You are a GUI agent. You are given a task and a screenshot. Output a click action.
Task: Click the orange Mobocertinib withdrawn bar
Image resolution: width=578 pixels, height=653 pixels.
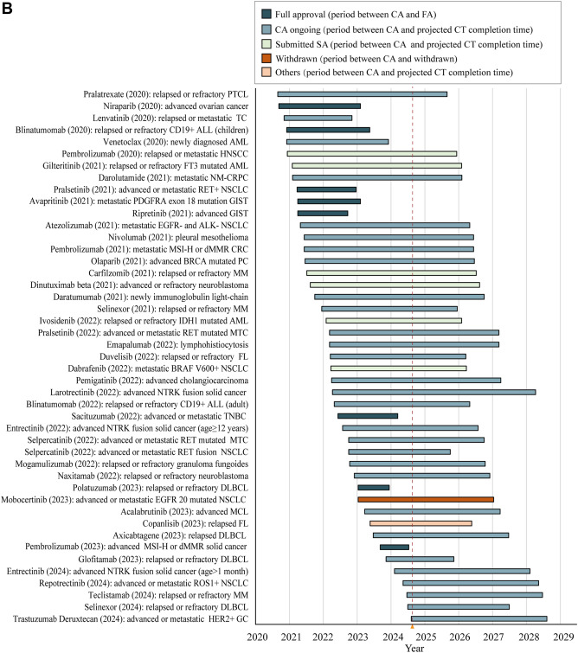426,499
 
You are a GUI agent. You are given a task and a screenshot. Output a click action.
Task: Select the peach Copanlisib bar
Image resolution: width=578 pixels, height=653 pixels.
421,523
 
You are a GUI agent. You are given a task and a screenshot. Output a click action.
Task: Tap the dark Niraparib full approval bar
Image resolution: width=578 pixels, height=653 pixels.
319,106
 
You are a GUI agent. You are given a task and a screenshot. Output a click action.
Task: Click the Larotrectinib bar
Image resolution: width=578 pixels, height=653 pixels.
433,393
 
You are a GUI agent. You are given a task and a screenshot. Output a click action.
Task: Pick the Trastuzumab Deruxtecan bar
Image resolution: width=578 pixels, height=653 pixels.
479,619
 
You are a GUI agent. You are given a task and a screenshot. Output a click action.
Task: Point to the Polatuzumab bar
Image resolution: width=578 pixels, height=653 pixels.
374,488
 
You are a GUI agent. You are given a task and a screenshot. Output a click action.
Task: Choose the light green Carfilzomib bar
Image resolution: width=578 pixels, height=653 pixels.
391,273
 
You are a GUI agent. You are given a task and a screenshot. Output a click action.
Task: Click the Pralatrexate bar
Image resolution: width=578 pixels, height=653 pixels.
363,94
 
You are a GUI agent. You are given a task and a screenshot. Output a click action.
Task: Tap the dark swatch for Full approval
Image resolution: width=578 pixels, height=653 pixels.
267,14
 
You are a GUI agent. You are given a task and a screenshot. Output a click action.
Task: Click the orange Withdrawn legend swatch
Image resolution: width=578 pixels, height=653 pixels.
267,58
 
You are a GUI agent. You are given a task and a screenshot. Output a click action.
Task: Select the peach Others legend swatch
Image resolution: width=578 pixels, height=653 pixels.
267,72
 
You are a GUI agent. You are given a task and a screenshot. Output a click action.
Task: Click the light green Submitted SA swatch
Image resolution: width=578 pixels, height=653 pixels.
267,44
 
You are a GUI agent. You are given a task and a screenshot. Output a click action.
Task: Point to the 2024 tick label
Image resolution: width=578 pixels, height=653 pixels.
393,637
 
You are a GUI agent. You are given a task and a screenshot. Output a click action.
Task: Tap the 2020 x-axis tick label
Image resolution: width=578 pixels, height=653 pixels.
257,637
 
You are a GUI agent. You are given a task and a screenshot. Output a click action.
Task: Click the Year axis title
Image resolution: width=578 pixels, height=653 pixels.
414,648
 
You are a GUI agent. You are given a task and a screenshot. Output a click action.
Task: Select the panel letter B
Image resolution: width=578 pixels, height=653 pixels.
7,9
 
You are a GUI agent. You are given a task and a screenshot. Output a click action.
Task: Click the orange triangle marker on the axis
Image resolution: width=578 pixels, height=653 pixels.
412,626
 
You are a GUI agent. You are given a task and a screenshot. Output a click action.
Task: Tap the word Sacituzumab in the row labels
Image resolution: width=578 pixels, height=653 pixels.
93,416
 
